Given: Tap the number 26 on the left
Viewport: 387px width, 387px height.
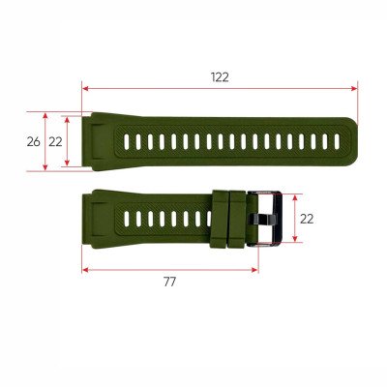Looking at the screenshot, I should (x=33, y=141).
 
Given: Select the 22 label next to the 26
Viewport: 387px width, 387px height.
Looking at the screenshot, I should (x=55, y=141).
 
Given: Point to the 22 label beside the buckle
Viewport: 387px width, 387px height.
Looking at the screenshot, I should (x=306, y=219).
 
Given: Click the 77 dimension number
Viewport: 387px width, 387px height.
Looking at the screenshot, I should (x=169, y=282).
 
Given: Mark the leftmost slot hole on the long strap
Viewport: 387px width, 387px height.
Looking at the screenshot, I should (x=128, y=142).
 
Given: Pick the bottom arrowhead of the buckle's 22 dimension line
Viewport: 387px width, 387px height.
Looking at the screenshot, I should (x=290, y=243).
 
